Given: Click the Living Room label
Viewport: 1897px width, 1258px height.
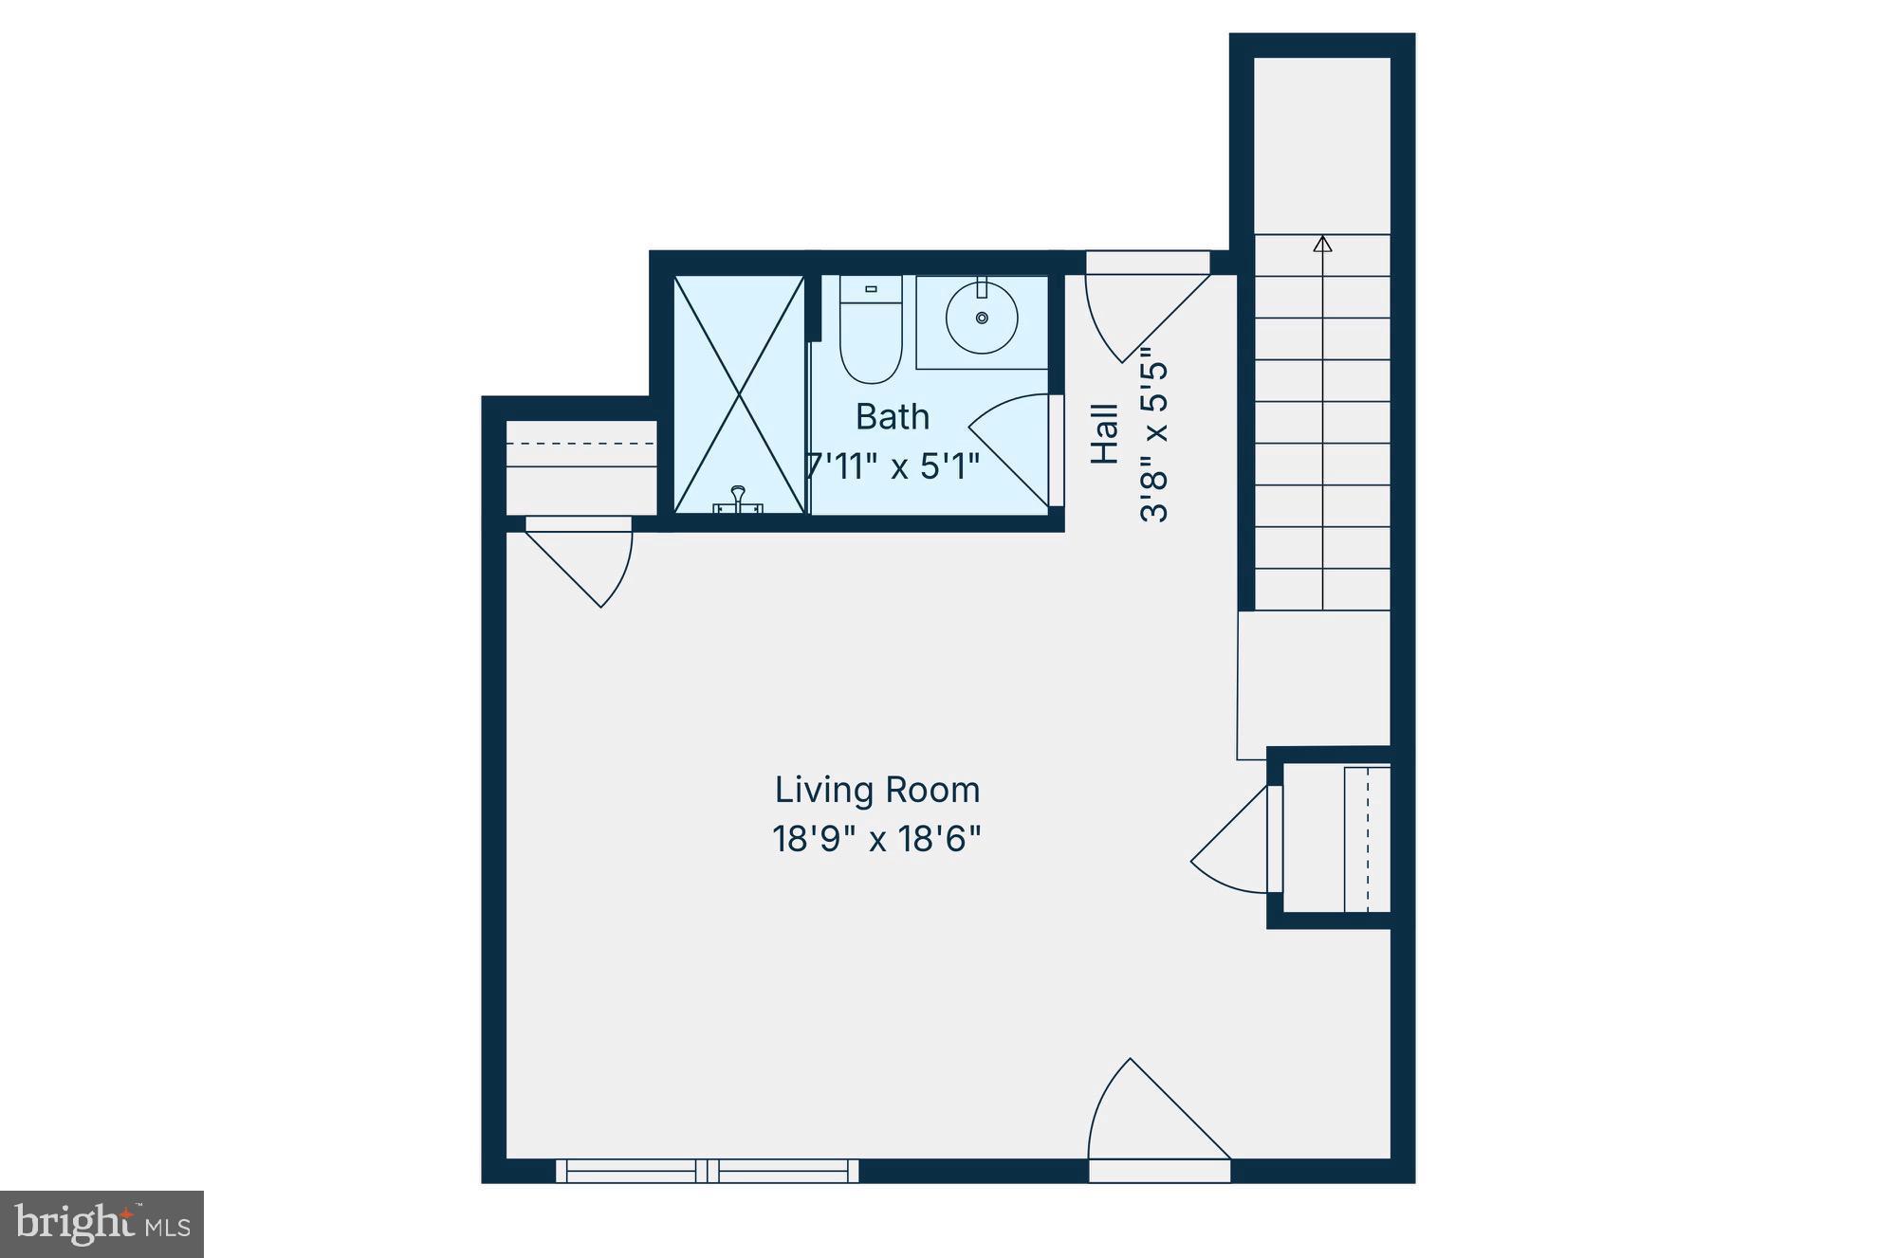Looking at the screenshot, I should tap(876, 790).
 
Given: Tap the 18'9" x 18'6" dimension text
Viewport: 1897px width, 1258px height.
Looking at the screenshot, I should tap(876, 839).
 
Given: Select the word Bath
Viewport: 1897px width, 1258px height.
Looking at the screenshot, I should tap(892, 417).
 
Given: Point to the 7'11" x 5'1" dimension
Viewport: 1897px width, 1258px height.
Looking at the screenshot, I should tap(892, 466).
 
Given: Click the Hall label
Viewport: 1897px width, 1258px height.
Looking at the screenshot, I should tap(1105, 434).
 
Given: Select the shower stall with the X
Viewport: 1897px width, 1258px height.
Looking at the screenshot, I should tap(739, 393).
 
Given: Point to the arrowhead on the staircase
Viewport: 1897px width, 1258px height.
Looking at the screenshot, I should tap(1322, 245).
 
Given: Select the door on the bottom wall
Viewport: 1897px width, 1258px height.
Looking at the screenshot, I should tap(1157, 1119).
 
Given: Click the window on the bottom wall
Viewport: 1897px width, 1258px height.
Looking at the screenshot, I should tap(707, 1171).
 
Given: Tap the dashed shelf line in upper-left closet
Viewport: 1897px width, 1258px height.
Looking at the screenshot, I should tap(580, 444).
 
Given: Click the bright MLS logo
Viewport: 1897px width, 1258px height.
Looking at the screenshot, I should tap(101, 1224).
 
